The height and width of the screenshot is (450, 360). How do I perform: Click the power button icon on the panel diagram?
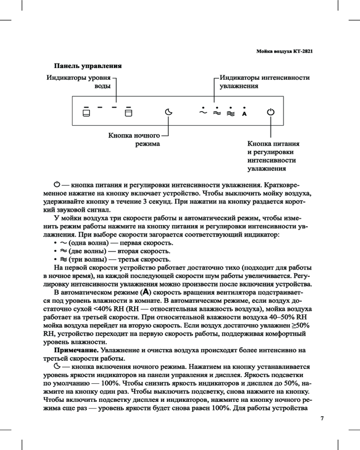270,112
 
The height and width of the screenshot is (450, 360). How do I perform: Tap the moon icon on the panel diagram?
168,112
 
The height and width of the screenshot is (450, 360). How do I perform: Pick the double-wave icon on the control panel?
216,114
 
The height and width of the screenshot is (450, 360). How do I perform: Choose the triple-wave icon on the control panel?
230,114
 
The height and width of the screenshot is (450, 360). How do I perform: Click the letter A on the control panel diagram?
244,114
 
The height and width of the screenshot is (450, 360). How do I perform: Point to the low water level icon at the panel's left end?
85,113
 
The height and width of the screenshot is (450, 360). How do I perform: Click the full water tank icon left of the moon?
128,113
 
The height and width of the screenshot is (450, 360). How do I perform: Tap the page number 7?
322,418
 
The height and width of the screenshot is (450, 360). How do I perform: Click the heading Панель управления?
88,66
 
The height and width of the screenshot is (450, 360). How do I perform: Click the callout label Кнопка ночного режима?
135,139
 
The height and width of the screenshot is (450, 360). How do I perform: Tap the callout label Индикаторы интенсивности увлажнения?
264,81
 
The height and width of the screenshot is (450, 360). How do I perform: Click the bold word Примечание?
76,350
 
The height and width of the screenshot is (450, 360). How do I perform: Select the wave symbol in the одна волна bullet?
63,243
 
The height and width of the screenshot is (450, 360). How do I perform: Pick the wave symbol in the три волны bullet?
63,260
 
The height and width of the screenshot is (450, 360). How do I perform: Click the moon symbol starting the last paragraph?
57,366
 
